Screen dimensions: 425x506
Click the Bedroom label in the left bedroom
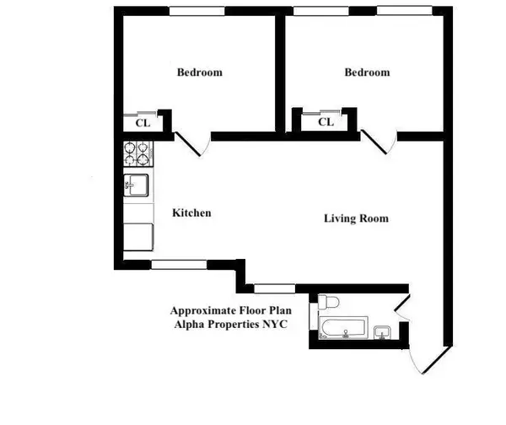click(199, 73)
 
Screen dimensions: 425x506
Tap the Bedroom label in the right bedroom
click(367, 73)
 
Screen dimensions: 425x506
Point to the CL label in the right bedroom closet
click(326, 123)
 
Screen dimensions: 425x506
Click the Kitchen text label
click(191, 213)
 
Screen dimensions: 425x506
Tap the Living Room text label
click(356, 218)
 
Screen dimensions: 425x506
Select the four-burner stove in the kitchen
click(139, 153)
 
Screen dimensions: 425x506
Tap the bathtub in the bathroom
click(343, 327)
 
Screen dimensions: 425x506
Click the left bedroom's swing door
click(191, 145)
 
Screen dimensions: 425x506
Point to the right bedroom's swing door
click(375, 143)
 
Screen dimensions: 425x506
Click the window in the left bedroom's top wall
click(198, 10)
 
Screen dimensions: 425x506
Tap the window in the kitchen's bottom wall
click(178, 265)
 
